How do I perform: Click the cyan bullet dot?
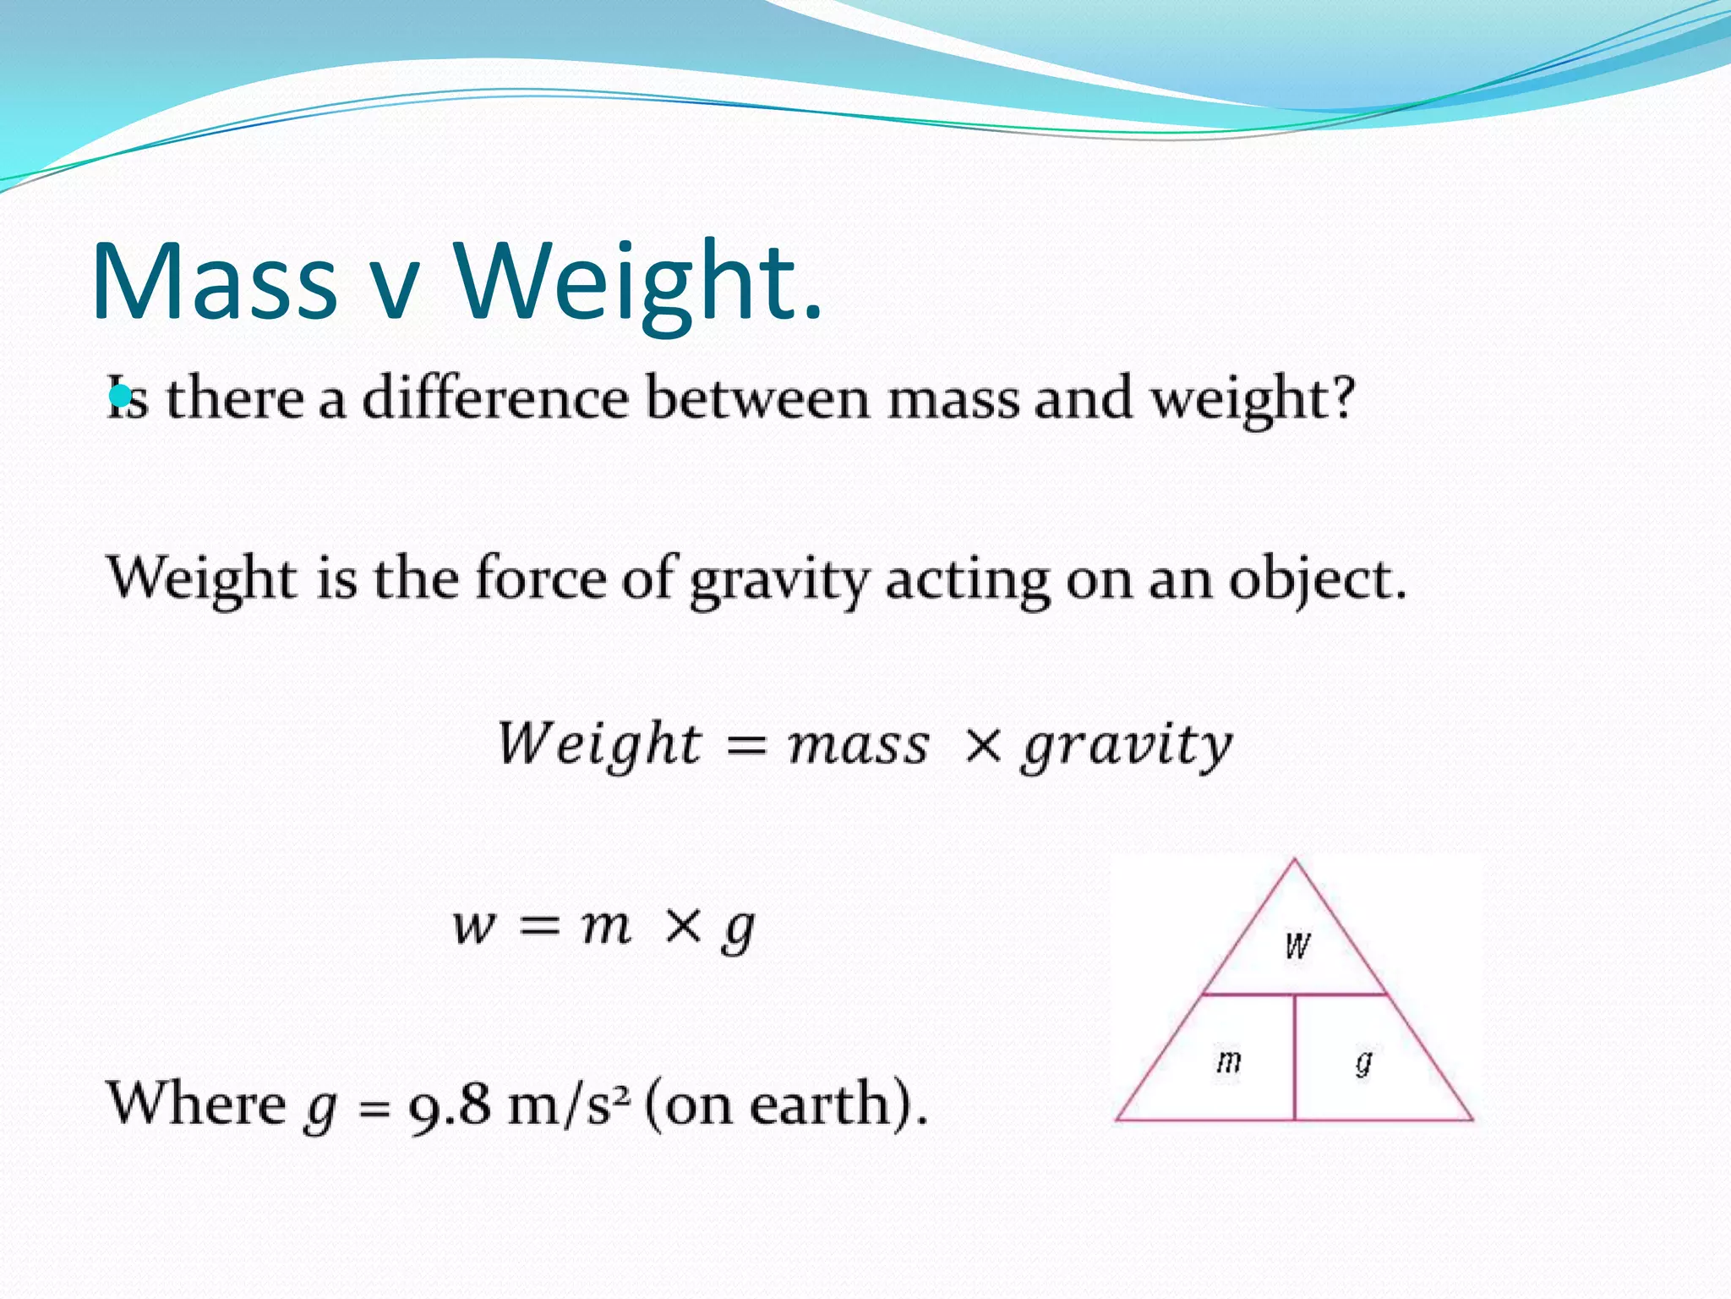120,395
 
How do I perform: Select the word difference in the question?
495,397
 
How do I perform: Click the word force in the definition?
539,578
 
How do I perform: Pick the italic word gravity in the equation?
1128,748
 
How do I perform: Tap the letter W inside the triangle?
1297,945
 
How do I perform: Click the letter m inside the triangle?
1228,1061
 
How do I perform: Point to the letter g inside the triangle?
1363,1061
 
